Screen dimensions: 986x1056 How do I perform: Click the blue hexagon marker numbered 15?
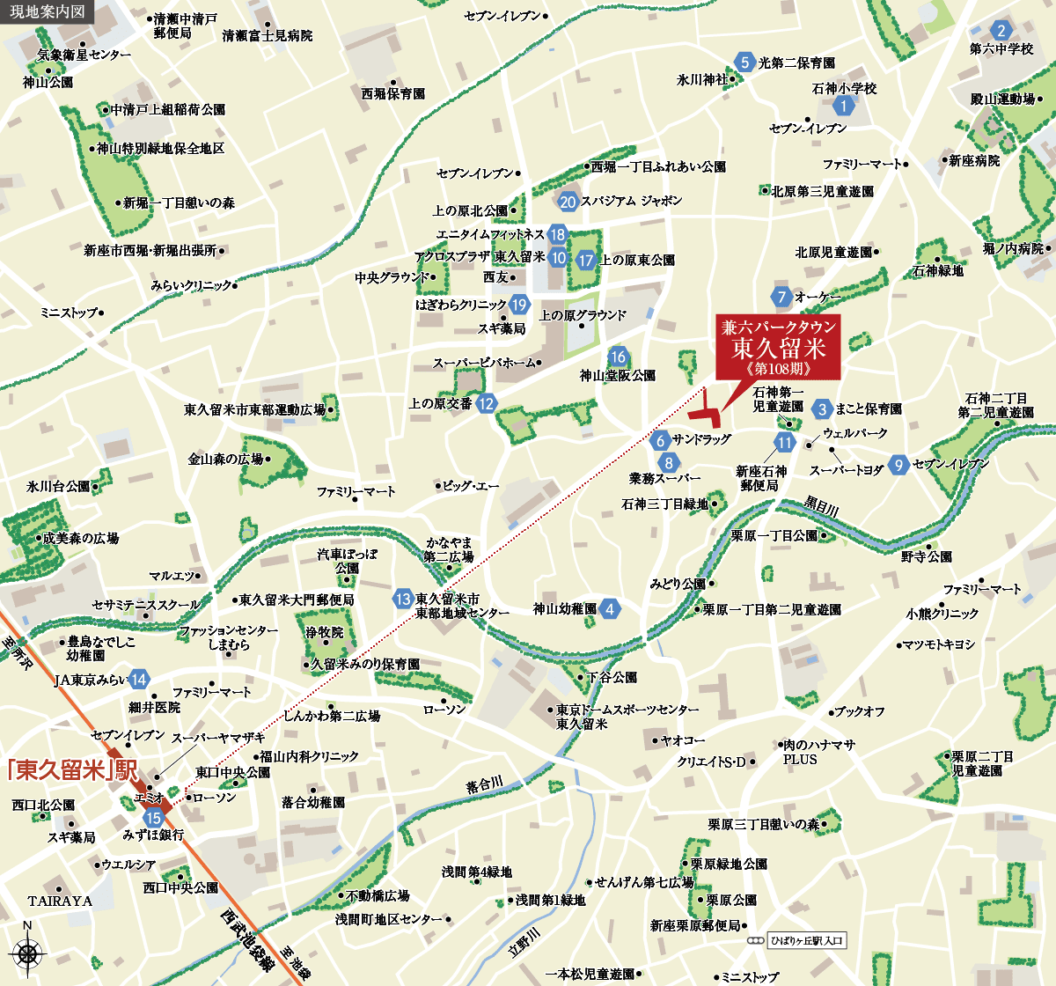click(155, 817)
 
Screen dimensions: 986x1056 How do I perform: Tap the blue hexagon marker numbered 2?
click(1001, 30)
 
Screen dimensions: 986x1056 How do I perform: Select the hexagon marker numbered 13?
click(403, 600)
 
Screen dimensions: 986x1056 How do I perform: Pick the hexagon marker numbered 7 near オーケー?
click(781, 297)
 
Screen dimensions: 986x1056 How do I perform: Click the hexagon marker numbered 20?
click(568, 202)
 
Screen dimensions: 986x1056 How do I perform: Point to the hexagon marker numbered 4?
click(610, 608)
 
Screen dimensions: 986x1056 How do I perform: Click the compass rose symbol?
click(27, 953)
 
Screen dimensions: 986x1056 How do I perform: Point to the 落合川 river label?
click(484, 784)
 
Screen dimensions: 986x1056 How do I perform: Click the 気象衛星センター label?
click(84, 55)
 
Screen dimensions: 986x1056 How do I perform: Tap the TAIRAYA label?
click(60, 901)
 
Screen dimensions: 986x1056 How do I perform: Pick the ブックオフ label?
click(859, 711)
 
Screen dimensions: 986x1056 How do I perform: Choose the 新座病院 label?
click(974, 161)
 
